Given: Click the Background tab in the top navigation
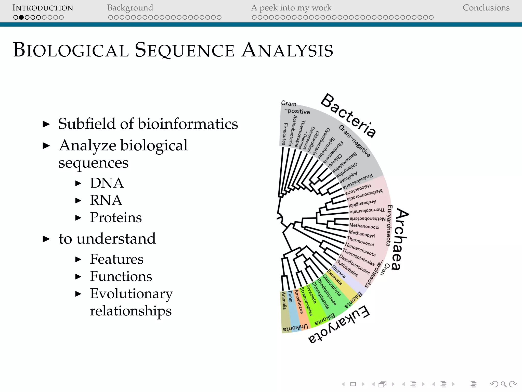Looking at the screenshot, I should (130, 8).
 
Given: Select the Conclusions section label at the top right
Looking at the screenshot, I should (486, 8).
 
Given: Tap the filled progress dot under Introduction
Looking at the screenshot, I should (21, 17).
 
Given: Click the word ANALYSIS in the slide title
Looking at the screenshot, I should (287, 50).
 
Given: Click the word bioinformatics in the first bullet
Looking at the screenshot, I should (188, 124).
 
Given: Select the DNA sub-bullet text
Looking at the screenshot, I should (107, 183).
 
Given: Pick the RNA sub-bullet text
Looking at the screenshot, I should (106, 200).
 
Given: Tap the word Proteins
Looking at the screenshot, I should (116, 217).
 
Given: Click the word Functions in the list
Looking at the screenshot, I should (121, 276).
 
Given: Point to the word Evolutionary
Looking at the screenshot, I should (131, 293).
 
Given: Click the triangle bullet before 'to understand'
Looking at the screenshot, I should (46, 239).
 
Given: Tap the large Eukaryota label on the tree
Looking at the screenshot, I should (339, 324).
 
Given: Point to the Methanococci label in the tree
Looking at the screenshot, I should (364, 226).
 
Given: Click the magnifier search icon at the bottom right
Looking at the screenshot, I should (503, 384).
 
